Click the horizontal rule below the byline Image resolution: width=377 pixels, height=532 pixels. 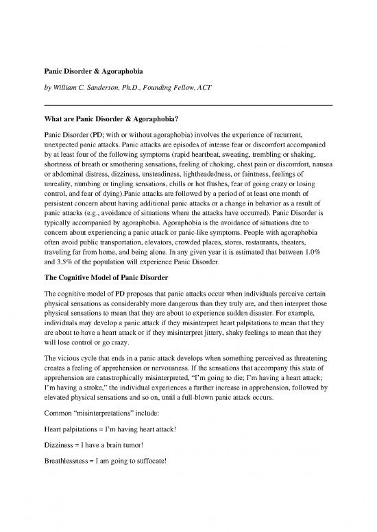pyautogui.click(x=188, y=104)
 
